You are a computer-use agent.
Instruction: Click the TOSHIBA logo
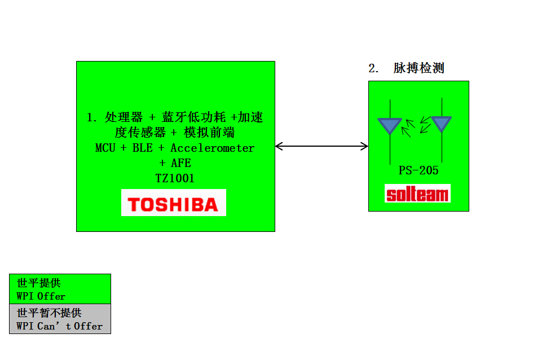[174, 203]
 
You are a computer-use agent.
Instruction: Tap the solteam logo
[418, 194]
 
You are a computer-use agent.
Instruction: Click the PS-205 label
[419, 170]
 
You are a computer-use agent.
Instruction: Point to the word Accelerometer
[212, 148]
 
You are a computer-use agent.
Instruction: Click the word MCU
[106, 148]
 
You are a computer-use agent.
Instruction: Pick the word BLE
[142, 148]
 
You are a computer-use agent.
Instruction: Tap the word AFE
[181, 163]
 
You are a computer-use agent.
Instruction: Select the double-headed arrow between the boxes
[321, 147]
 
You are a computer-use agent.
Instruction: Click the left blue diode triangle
[390, 125]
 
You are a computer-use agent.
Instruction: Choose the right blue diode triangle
[441, 123]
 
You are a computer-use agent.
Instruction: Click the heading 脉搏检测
[419, 68]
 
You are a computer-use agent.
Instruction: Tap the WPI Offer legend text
[41, 296]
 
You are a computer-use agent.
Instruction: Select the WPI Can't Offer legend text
[60, 326]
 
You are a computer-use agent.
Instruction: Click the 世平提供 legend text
[39, 283]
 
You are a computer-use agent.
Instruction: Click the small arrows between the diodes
[416, 127]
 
